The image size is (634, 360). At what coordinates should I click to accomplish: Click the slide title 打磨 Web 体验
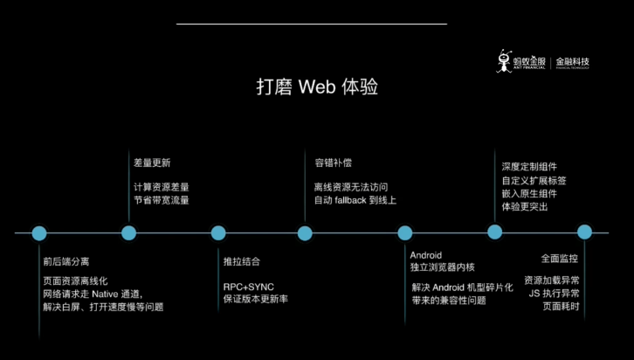click(317, 87)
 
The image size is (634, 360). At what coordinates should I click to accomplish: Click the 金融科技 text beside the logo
click(572, 62)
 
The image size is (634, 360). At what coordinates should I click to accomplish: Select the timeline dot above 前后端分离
click(39, 233)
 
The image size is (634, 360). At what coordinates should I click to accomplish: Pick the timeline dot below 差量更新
click(129, 233)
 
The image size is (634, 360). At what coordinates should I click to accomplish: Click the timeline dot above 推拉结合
click(218, 233)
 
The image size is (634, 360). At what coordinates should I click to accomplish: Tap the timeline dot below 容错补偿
click(305, 233)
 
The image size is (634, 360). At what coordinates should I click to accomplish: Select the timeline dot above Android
click(405, 233)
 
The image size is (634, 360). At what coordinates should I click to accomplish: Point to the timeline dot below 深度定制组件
click(495, 232)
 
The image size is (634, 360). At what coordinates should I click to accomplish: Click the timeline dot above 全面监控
click(585, 232)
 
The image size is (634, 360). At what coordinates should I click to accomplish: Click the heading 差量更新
click(152, 163)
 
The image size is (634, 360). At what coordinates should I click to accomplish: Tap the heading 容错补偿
click(333, 163)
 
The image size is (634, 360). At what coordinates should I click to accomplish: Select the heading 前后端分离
click(66, 261)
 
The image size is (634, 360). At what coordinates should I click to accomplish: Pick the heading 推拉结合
click(242, 261)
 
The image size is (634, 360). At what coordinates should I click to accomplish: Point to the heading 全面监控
click(559, 260)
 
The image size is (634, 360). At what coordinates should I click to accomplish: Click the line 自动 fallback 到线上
click(355, 200)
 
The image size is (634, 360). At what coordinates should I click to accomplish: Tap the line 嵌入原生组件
click(529, 193)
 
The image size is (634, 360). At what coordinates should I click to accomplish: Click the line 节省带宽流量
click(161, 200)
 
